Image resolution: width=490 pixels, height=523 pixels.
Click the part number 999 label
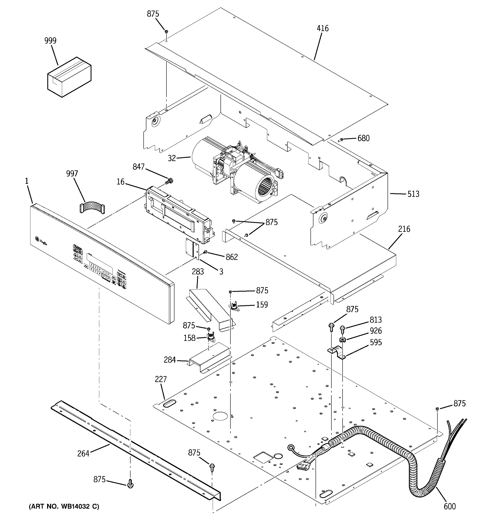pyautogui.click(x=50, y=41)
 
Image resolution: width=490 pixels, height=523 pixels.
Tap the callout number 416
pyautogui.click(x=323, y=28)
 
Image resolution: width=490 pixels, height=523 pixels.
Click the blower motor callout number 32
pyautogui.click(x=171, y=158)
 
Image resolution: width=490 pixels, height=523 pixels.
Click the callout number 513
pyautogui.click(x=413, y=194)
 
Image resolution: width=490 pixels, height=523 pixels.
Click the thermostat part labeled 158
pyautogui.click(x=210, y=337)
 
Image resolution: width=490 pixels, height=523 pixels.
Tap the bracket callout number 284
pyautogui.click(x=170, y=360)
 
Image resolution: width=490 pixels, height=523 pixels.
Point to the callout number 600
pyautogui.click(x=449, y=506)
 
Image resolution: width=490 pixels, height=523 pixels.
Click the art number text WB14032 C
pyautogui.click(x=64, y=507)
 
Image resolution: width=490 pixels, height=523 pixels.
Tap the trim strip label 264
pyautogui.click(x=83, y=453)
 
